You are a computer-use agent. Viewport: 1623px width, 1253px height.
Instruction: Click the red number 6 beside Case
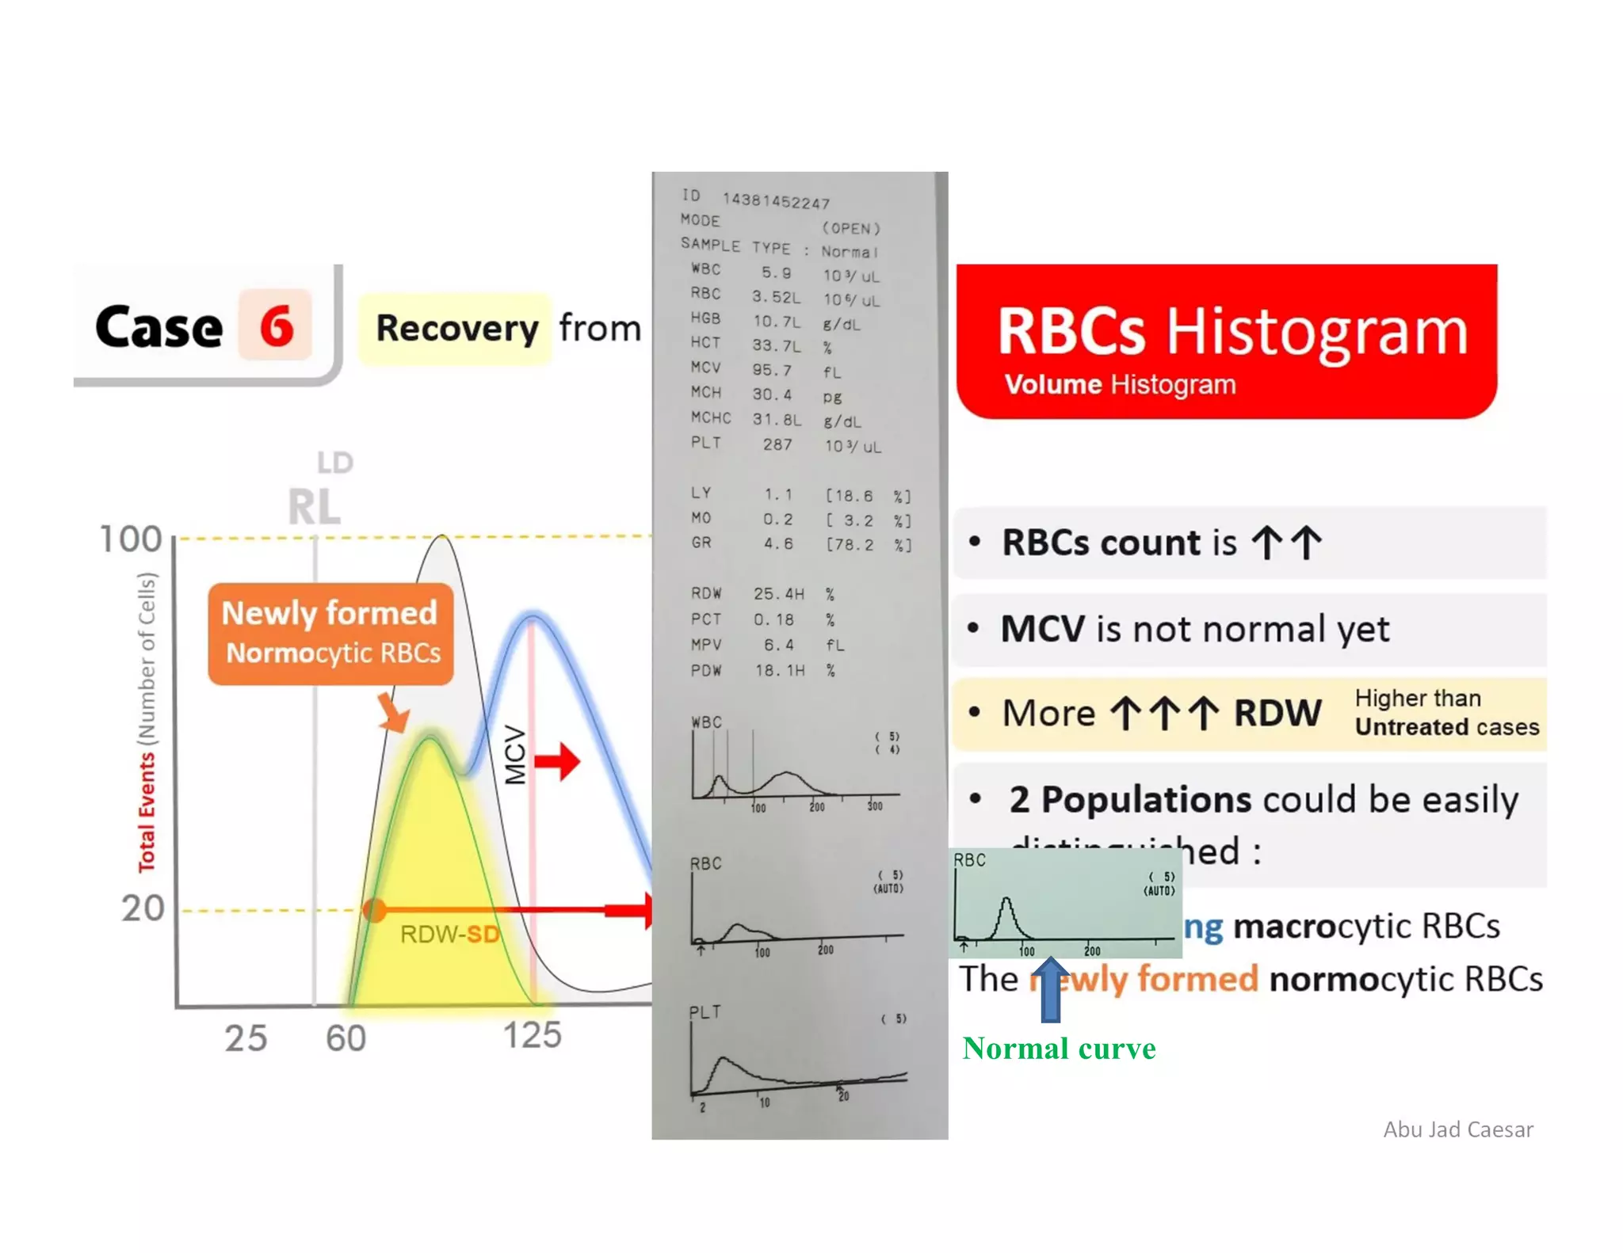pyautogui.click(x=276, y=326)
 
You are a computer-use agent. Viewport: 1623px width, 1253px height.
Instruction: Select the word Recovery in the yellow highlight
pyautogui.click(x=456, y=328)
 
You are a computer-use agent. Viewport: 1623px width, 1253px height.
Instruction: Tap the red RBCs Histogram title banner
pyautogui.click(x=1226, y=341)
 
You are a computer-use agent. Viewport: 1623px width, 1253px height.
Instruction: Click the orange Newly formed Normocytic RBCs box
pyautogui.click(x=330, y=634)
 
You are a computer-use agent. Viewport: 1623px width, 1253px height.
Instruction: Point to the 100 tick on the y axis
pyautogui.click(x=131, y=539)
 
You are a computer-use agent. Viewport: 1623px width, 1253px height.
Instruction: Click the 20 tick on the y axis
pyautogui.click(x=143, y=908)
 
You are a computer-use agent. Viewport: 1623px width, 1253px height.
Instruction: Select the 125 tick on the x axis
pyautogui.click(x=532, y=1035)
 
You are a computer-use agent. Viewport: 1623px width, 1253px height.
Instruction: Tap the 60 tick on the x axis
pyautogui.click(x=346, y=1038)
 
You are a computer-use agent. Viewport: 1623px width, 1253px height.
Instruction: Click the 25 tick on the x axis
pyautogui.click(x=246, y=1038)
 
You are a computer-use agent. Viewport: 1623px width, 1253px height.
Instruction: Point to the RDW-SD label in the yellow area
pyautogui.click(x=449, y=935)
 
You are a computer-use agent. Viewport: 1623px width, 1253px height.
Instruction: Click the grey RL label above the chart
pyautogui.click(x=315, y=507)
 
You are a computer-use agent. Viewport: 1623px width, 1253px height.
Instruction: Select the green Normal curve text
pyautogui.click(x=1059, y=1049)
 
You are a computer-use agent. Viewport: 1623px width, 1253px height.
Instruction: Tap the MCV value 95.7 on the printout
pyautogui.click(x=772, y=370)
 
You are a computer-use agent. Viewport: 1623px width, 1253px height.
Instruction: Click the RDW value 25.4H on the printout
pyautogui.click(x=778, y=593)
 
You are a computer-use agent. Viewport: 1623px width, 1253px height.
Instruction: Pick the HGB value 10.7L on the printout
pyautogui.click(x=776, y=322)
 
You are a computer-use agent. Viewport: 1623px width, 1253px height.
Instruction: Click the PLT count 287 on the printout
pyautogui.click(x=777, y=444)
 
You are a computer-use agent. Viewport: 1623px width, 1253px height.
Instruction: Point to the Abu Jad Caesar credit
pyautogui.click(x=1458, y=1129)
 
